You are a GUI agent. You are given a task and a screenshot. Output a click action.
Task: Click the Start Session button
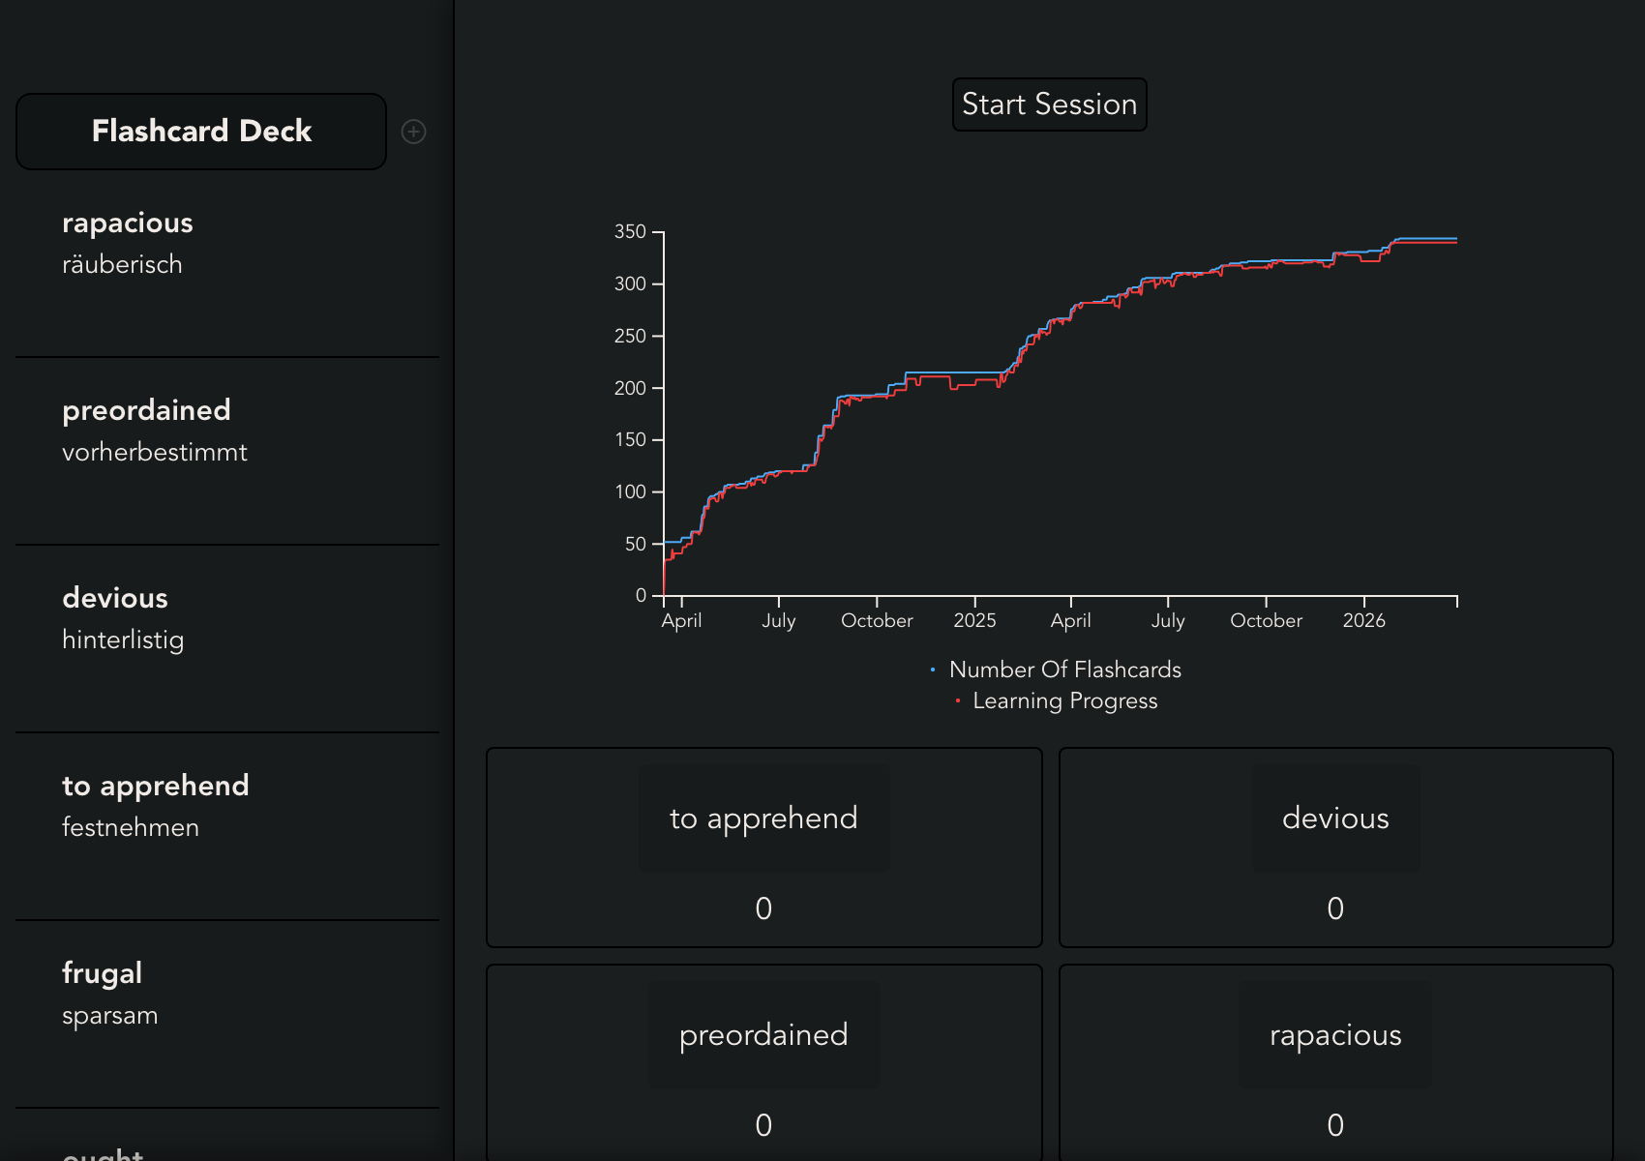pos(1049,104)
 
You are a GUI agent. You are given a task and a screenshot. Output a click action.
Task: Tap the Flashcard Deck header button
pos(201,132)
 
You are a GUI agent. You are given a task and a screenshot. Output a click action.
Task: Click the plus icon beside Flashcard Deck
pos(413,132)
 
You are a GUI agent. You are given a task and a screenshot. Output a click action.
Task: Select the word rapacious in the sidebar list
pos(128,223)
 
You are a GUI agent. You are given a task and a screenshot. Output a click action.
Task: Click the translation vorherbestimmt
pos(155,453)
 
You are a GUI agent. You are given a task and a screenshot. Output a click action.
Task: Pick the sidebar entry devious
pos(115,598)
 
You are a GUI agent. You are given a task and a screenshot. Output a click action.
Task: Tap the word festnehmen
pos(131,828)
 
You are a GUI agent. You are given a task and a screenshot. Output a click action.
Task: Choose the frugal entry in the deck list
pos(103,973)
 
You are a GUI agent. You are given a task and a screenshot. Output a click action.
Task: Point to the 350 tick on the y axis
pos(630,231)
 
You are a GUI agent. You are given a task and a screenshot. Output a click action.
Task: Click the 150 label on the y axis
pos(630,439)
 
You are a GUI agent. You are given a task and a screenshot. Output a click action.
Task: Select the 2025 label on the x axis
pos(974,620)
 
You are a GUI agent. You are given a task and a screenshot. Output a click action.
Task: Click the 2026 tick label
pos(1363,620)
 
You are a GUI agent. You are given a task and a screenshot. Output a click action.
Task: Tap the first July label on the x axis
pos(778,620)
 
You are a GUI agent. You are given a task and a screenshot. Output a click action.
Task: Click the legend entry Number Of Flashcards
pos(1064,670)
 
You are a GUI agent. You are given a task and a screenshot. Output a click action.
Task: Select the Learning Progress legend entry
pos(1064,700)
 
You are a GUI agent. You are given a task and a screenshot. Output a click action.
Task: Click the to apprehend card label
pos(763,819)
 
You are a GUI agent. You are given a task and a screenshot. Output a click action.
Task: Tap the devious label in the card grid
pos(1335,819)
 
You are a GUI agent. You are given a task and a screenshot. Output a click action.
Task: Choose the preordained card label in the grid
pos(763,1035)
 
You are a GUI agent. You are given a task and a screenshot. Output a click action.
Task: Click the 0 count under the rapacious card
pos(1335,1125)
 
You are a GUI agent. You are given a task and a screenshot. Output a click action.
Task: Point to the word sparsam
pos(110,1016)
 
